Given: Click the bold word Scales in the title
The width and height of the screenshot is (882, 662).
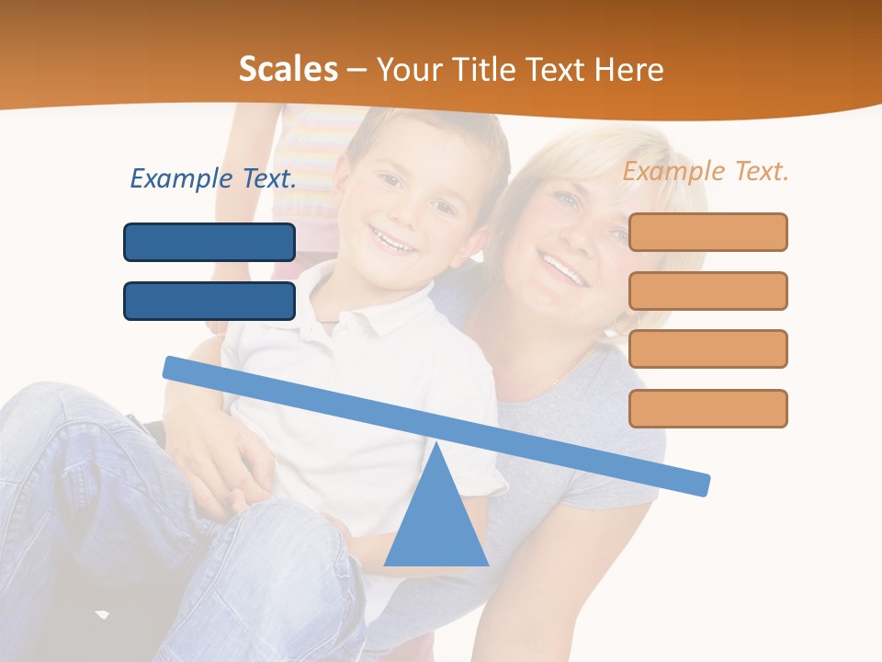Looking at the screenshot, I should pyautogui.click(x=288, y=69).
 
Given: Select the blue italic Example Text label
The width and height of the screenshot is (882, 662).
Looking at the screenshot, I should pyautogui.click(x=213, y=178).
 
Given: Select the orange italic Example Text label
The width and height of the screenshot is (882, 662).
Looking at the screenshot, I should pyautogui.click(x=706, y=171).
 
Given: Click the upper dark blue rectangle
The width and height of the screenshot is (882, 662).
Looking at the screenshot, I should pyautogui.click(x=209, y=242).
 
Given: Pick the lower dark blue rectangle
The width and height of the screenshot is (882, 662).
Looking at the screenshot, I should pyautogui.click(x=209, y=301).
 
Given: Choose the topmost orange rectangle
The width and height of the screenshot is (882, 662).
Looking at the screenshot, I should pyautogui.click(x=707, y=232).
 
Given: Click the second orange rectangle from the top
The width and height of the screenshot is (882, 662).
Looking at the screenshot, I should pyautogui.click(x=707, y=291).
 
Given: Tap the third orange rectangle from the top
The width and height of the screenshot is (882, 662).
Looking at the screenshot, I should pyautogui.click(x=707, y=348).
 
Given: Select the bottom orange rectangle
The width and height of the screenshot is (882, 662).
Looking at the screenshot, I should pyautogui.click(x=707, y=408).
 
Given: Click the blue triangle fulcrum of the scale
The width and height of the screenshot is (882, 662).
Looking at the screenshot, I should pyautogui.click(x=435, y=519).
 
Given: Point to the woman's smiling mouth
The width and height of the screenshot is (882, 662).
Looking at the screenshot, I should pyautogui.click(x=562, y=269).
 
